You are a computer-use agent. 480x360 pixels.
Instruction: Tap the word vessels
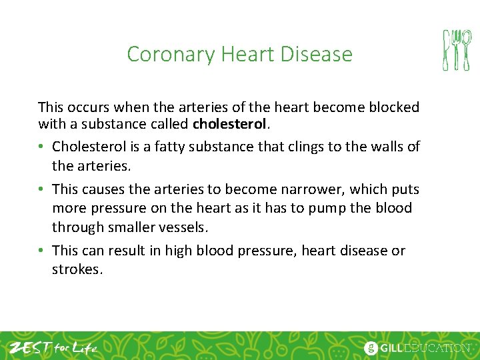pyautogui.click(x=185, y=227)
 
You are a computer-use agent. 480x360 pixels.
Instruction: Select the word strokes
pyautogui.click(x=77, y=271)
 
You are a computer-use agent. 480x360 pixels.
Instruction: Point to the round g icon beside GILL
pyautogui.click(x=371, y=348)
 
